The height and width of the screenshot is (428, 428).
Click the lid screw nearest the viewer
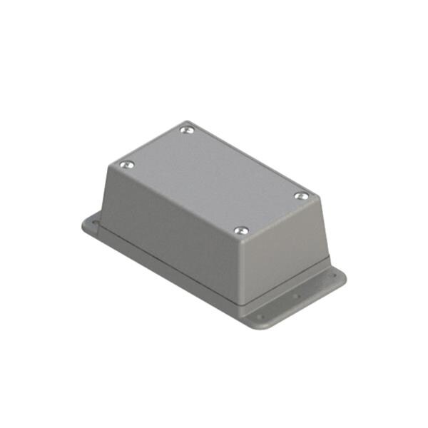click(241, 230)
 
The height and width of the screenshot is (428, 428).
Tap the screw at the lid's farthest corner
click(187, 130)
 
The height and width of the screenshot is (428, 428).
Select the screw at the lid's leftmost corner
click(127, 165)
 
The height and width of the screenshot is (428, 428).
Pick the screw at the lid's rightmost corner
click(302, 195)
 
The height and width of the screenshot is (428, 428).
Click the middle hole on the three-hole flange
click(295, 292)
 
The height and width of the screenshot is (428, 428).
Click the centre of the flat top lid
click(214, 180)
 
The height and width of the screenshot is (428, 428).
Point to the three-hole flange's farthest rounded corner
click(342, 273)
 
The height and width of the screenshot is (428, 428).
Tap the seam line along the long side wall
click(171, 264)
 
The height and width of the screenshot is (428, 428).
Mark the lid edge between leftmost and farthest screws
click(157, 146)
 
